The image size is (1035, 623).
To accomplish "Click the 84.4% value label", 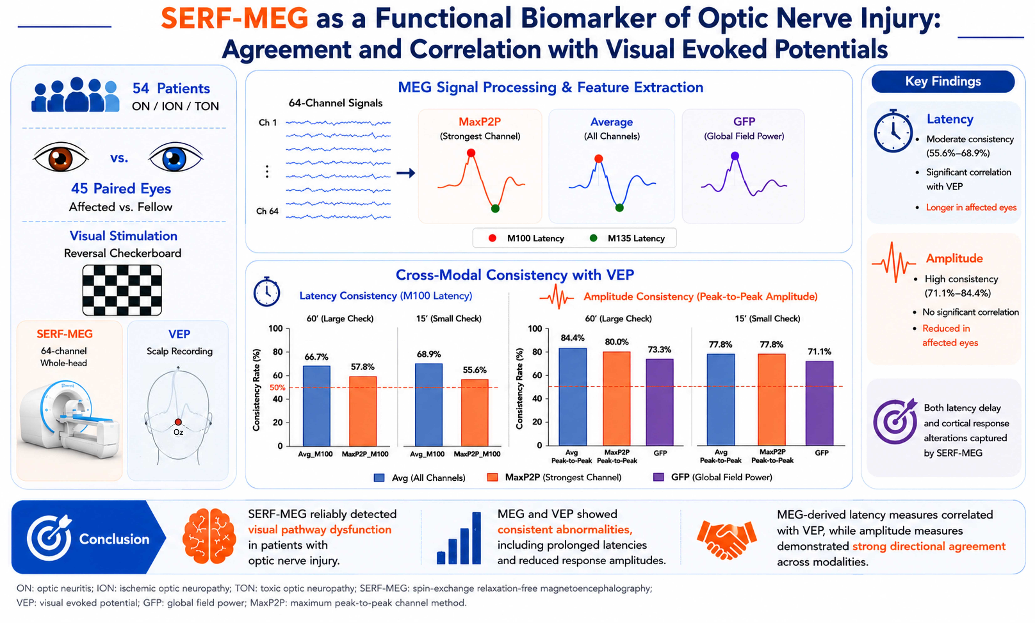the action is tap(572, 338).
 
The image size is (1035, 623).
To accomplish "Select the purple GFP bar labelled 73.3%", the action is tap(660, 402).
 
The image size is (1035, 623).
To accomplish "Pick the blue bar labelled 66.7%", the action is tap(317, 405).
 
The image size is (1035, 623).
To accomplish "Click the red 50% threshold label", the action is tap(277, 387).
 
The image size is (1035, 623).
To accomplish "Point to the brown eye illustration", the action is tap(61, 157).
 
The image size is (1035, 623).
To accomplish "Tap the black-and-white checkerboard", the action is tap(122, 290).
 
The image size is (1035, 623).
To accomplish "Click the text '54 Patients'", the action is tap(171, 88).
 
